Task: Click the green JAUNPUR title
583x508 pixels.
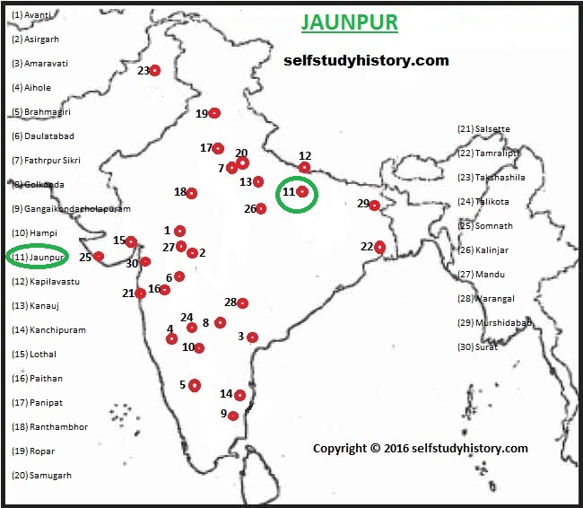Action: [x=349, y=22]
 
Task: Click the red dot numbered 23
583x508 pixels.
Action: [x=154, y=70]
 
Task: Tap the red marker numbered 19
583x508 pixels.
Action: [x=214, y=113]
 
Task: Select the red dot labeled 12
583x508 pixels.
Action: [x=305, y=167]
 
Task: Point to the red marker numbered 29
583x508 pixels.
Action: [x=374, y=206]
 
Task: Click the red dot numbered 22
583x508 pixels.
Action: [x=379, y=247]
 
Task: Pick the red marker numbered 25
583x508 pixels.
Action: [x=99, y=257]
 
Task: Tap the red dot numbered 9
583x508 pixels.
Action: [x=233, y=416]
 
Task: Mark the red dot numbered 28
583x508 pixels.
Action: [x=242, y=303]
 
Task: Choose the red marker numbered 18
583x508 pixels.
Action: [x=191, y=193]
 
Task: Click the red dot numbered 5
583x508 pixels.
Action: [x=195, y=385]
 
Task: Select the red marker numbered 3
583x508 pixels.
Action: [x=253, y=337]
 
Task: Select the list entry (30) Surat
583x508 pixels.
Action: [x=477, y=346]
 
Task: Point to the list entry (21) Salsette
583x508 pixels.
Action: [x=483, y=128]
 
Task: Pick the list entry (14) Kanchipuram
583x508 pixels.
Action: [x=48, y=330]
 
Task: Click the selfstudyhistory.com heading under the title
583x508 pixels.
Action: [x=366, y=61]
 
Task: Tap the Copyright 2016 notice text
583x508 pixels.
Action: [x=420, y=448]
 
